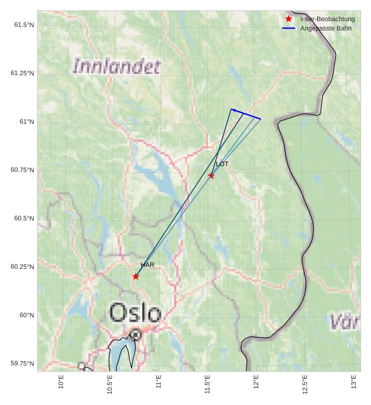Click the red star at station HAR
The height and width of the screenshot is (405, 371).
(x=136, y=277)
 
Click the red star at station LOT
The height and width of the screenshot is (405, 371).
(x=211, y=176)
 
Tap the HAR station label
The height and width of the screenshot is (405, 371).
(x=147, y=265)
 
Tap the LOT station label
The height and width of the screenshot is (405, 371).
(x=222, y=164)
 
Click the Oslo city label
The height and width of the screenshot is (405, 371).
(x=135, y=313)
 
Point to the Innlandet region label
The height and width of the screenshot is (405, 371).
(x=116, y=66)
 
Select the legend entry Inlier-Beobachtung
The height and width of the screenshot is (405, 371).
(x=327, y=19)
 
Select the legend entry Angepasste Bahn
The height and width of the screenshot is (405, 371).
(x=326, y=28)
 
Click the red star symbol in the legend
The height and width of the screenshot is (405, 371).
(x=288, y=19)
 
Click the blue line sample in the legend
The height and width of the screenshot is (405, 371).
(x=288, y=28)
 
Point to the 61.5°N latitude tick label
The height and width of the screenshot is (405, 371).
(x=22, y=25)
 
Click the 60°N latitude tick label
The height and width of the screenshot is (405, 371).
(x=26, y=315)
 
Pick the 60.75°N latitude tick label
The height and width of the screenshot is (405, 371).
(x=22, y=170)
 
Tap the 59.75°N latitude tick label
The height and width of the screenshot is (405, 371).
(x=22, y=364)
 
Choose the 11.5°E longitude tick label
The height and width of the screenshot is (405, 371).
(x=208, y=385)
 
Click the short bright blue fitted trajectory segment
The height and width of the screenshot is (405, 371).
(x=246, y=114)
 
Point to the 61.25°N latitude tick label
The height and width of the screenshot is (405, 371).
(x=22, y=73)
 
